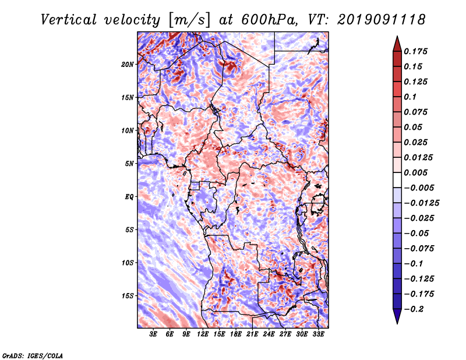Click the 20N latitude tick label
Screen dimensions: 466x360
click(x=128, y=65)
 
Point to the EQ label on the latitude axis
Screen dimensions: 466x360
click(x=129, y=197)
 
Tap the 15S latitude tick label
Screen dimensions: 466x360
click(x=128, y=296)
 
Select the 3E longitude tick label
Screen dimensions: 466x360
click(x=153, y=334)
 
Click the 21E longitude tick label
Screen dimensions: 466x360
click(x=252, y=334)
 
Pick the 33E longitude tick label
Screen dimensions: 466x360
click(x=318, y=334)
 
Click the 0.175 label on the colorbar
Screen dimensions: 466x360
click(x=415, y=51)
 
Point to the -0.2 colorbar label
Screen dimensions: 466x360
click(x=414, y=309)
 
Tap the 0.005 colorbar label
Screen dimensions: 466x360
click(x=415, y=172)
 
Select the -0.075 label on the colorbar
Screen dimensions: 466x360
click(x=419, y=249)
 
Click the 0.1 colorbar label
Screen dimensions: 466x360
click(x=410, y=97)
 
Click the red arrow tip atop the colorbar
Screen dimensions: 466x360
click(x=397, y=37)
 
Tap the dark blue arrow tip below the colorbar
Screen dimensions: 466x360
click(x=397, y=323)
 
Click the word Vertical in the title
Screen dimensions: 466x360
click(x=69, y=20)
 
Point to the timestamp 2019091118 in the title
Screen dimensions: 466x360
click(x=382, y=20)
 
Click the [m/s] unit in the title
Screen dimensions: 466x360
click(x=189, y=20)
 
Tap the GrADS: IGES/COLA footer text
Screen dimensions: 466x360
click(x=33, y=355)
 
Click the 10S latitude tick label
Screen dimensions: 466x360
click(x=128, y=263)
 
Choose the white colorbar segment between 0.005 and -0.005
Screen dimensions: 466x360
click(x=397, y=180)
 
